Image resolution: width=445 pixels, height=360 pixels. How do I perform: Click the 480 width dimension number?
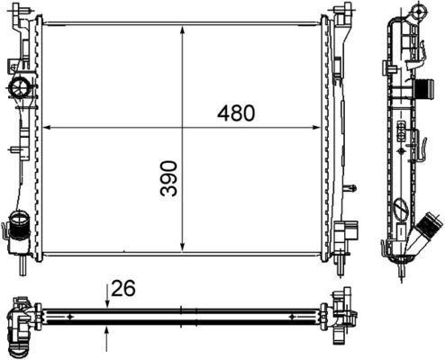(236, 113)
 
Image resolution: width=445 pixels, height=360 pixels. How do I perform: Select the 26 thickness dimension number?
(123, 289)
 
